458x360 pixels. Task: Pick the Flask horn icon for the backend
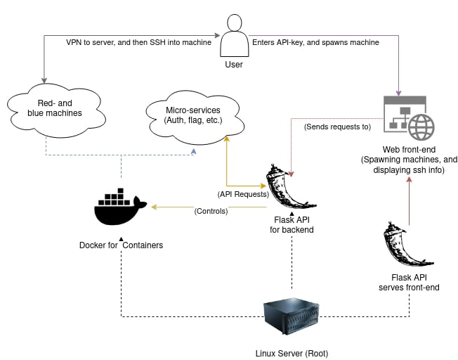tap(291, 186)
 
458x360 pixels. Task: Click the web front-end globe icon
tap(422, 128)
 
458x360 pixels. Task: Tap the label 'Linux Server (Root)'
tap(291, 353)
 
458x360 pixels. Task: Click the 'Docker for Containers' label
tap(121, 245)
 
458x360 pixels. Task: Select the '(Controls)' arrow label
tap(211, 211)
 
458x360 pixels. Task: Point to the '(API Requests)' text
tap(243, 193)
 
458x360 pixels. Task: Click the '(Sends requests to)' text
tap(336, 127)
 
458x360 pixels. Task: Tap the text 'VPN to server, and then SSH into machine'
tap(138, 42)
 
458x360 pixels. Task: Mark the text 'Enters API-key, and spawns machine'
tap(315, 42)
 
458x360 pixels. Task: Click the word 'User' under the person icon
tap(234, 65)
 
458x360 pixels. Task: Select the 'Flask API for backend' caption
tap(292, 225)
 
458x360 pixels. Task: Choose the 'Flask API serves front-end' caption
tap(409, 282)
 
